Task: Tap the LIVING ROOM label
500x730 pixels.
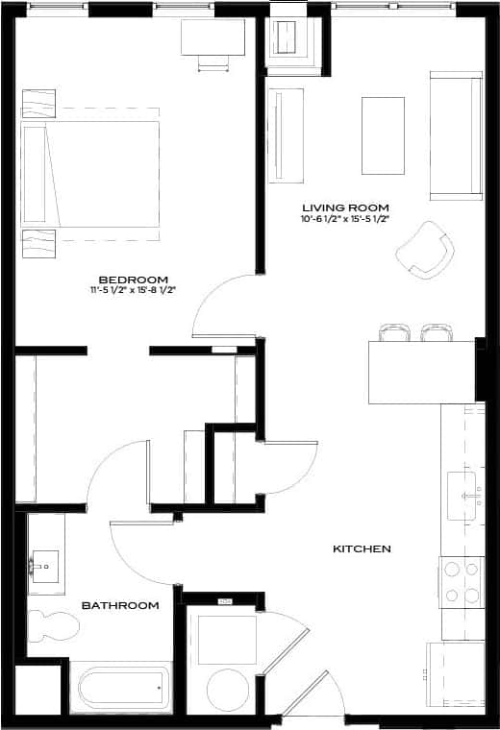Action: tap(345, 207)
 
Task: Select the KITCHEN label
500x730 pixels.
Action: tap(362, 549)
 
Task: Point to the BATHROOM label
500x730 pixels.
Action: tap(119, 605)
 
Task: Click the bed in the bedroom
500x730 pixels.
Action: tap(91, 174)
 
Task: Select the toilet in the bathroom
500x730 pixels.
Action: tap(52, 627)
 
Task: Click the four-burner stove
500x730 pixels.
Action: tap(461, 582)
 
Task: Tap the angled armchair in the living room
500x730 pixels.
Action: tap(424, 247)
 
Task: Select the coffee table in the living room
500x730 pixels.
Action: tap(383, 135)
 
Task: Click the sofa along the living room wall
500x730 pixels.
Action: tap(456, 134)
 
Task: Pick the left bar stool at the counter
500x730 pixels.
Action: tap(394, 332)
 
